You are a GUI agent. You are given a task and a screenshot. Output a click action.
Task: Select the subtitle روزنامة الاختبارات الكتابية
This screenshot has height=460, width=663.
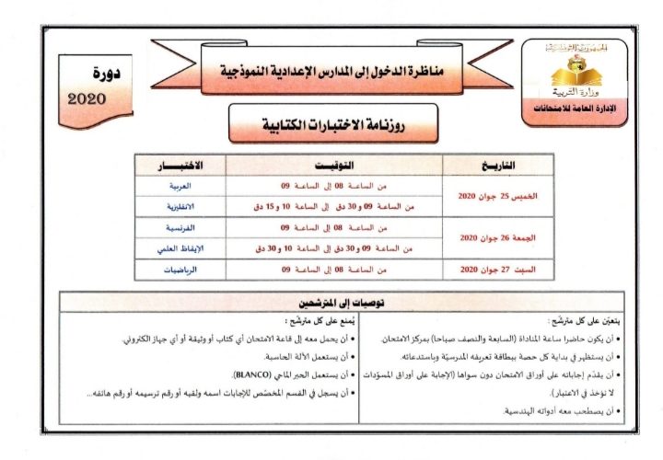click(x=333, y=122)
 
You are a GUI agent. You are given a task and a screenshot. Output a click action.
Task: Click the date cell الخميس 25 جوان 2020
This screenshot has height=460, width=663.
click(x=478, y=196)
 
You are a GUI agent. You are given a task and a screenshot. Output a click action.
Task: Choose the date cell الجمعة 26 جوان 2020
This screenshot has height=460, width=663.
click(x=478, y=237)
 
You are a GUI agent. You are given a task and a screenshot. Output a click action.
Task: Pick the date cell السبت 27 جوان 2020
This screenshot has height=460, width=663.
click(x=478, y=270)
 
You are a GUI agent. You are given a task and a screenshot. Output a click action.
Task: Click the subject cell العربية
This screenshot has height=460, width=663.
click(x=188, y=185)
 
